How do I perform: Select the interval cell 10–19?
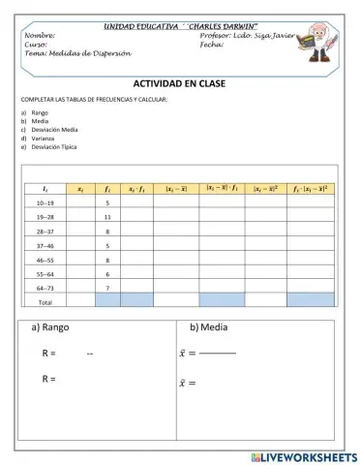(45, 203)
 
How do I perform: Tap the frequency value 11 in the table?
(107, 217)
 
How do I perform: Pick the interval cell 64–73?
(45, 288)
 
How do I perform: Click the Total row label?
(45, 301)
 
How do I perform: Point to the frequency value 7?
(107, 288)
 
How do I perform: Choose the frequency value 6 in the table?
(107, 274)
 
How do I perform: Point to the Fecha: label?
(212, 45)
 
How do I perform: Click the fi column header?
(107, 189)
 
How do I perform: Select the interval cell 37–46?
(45, 246)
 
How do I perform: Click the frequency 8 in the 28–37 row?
(107, 232)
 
